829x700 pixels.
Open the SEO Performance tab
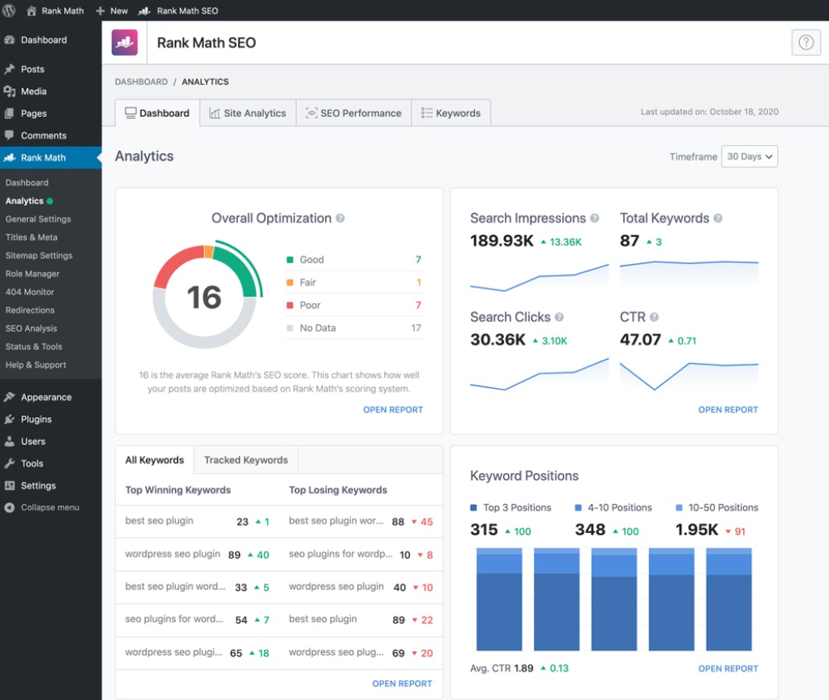[x=353, y=113]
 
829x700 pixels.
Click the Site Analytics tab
[x=247, y=113]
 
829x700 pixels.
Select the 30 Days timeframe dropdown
[x=749, y=156]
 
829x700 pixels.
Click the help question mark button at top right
[x=805, y=43]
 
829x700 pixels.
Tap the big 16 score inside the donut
[x=204, y=297]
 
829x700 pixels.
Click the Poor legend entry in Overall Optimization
[x=310, y=305]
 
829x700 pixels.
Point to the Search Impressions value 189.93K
[x=502, y=241]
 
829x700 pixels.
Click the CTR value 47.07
[x=640, y=339]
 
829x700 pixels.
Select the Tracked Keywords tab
[x=246, y=460]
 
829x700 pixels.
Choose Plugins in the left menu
[x=36, y=420]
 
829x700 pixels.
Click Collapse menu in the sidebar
[x=49, y=507]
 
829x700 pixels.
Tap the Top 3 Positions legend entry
[x=516, y=508]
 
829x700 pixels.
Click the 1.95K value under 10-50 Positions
[x=696, y=530]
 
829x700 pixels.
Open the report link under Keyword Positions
[x=728, y=668]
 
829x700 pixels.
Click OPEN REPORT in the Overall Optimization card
[x=392, y=410]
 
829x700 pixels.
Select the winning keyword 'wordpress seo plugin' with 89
[x=173, y=554]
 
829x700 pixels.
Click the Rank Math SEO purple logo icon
[x=124, y=43]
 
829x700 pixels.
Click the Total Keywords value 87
[x=630, y=241]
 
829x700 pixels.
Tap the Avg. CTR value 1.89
[x=523, y=668]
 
